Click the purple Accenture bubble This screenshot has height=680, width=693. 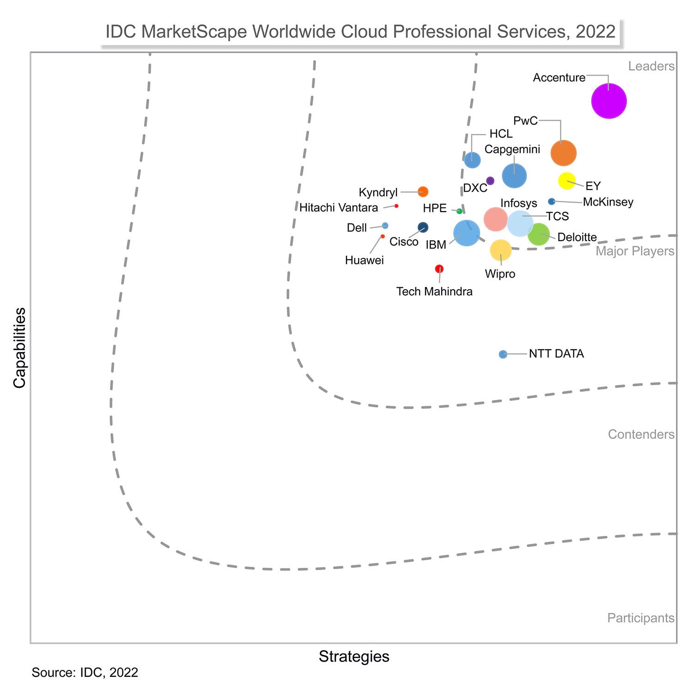[x=609, y=101]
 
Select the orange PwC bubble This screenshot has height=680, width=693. [x=564, y=153]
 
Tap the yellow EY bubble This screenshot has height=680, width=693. [x=567, y=181]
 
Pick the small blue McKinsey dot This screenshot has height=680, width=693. [x=551, y=201]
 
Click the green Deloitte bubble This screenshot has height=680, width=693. [x=539, y=234]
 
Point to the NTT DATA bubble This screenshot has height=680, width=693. [x=503, y=354]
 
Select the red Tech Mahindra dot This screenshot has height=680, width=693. [x=439, y=269]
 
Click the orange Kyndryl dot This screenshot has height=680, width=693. [x=423, y=192]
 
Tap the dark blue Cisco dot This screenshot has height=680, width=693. [x=423, y=227]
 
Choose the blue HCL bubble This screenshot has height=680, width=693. [x=472, y=160]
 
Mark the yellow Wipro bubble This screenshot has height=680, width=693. [x=500, y=250]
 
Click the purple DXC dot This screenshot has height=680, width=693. [x=490, y=181]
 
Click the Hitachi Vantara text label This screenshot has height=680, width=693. [x=339, y=208]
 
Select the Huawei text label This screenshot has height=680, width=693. [x=364, y=261]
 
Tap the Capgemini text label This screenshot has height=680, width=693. [x=512, y=149]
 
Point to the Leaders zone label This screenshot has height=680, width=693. [x=651, y=67]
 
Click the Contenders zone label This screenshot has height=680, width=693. [x=641, y=434]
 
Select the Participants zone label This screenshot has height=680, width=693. [x=640, y=618]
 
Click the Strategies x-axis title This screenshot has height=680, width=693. [x=354, y=656]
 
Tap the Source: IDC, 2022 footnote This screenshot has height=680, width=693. [x=85, y=672]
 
